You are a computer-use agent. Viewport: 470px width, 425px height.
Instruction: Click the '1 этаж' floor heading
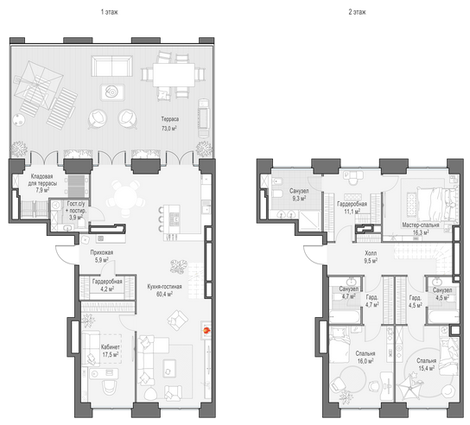click(110, 12)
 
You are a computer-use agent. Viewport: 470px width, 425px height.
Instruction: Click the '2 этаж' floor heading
click(357, 12)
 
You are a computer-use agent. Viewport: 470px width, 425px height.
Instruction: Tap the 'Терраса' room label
click(170, 119)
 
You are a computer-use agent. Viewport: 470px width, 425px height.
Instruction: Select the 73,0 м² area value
click(169, 129)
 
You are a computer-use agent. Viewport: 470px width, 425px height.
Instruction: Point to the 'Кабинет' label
click(111, 347)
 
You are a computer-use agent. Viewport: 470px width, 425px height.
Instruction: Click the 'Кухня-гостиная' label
click(164, 287)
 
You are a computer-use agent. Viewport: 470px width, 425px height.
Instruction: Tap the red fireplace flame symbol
click(206, 331)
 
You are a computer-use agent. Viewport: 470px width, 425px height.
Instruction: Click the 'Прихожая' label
click(102, 252)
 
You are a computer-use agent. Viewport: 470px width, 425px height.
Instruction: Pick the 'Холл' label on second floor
click(371, 253)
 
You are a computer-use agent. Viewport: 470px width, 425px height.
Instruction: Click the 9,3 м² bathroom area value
click(299, 199)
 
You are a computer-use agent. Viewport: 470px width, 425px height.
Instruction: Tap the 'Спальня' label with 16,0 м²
click(365, 353)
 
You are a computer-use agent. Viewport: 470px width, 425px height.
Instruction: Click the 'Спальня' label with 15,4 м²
click(427, 360)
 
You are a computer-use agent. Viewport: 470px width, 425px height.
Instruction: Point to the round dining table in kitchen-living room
click(126, 199)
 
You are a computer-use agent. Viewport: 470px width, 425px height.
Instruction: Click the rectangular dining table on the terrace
click(174, 75)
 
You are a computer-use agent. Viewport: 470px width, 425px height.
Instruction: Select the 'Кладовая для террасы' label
click(42, 180)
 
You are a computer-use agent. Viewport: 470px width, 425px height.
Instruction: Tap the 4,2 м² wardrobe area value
click(107, 289)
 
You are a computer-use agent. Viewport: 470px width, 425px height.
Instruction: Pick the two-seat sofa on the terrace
click(111, 66)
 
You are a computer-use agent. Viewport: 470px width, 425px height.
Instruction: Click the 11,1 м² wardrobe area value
click(352, 212)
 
